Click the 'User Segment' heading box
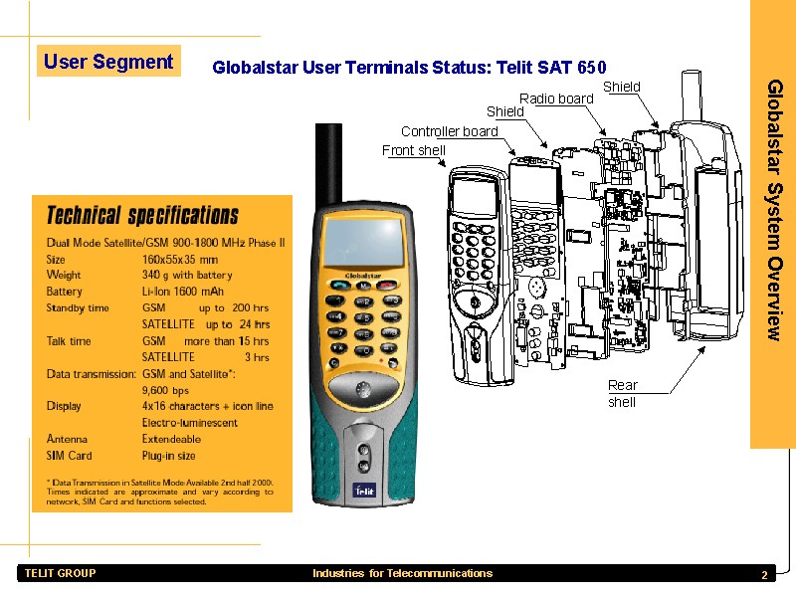[x=108, y=61]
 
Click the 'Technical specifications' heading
[x=142, y=215]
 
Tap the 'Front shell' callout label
[x=414, y=150]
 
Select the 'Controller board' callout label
[x=450, y=131]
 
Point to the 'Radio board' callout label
[x=556, y=99]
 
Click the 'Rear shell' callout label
[x=623, y=393]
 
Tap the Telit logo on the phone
[x=364, y=491]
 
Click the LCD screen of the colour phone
[x=363, y=241]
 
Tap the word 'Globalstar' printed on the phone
[x=363, y=276]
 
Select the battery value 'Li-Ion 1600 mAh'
[x=183, y=292]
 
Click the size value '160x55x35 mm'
[x=180, y=260]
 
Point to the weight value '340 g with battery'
[x=187, y=276]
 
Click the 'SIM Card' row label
[x=69, y=456]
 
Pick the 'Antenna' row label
[x=67, y=439]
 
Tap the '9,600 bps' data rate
[x=165, y=390]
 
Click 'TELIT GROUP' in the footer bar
[x=60, y=573]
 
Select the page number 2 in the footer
[x=764, y=575]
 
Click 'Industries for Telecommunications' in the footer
[x=403, y=573]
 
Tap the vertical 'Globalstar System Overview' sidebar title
[x=775, y=210]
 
